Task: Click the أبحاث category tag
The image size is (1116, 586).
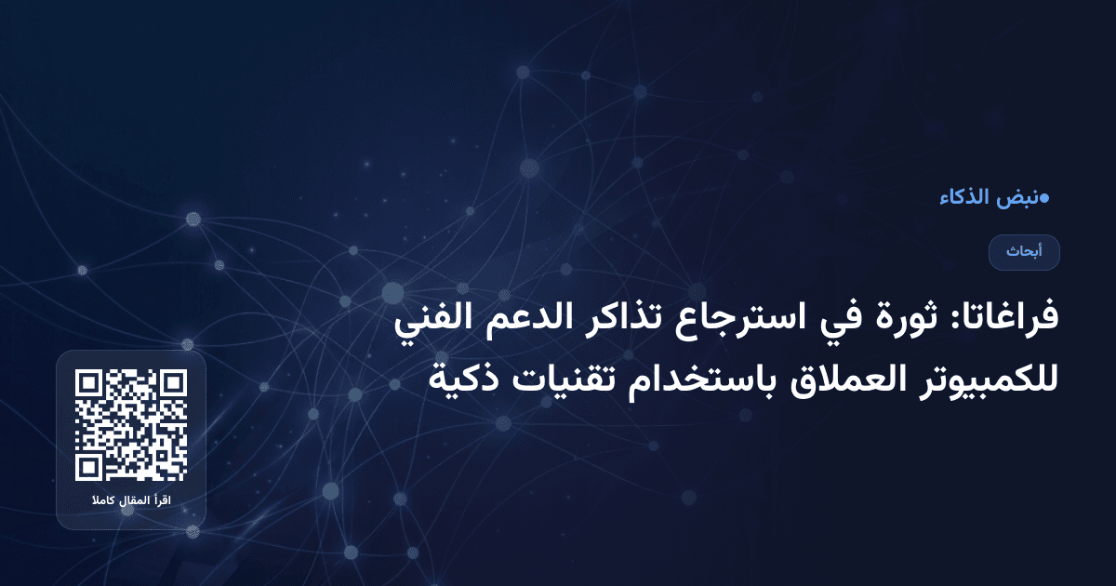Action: [1024, 252]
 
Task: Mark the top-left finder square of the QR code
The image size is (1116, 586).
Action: [88, 383]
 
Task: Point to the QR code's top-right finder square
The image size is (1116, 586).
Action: [173, 383]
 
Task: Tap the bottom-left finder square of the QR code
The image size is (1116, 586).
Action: [88, 468]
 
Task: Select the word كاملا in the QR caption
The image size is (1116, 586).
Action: [102, 502]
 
